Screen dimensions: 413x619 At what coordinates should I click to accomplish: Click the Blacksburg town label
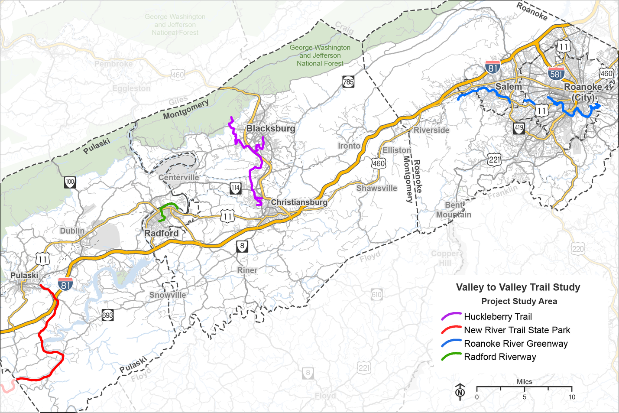click(x=271, y=128)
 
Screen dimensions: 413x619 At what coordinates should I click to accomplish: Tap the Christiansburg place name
click(x=299, y=202)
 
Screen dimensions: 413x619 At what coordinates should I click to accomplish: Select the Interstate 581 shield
click(x=556, y=73)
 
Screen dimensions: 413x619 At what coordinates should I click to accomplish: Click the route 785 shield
click(x=348, y=81)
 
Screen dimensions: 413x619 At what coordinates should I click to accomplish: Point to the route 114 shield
click(x=235, y=188)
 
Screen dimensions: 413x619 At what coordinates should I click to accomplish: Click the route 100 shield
click(x=70, y=182)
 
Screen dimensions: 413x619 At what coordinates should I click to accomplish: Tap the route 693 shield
click(x=108, y=315)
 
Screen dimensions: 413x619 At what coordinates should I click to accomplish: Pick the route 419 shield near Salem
click(x=519, y=128)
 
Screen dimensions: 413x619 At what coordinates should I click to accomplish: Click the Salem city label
click(x=509, y=86)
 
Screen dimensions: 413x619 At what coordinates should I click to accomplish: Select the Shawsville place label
click(x=376, y=188)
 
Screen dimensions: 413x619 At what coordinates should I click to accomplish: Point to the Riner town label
click(x=247, y=270)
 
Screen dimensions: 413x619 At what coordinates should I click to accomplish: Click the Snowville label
click(x=168, y=295)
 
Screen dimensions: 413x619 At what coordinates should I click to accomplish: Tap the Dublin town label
click(x=72, y=231)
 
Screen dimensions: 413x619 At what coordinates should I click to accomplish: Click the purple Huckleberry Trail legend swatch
click(x=451, y=317)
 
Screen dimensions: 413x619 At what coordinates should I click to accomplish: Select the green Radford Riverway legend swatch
click(x=451, y=357)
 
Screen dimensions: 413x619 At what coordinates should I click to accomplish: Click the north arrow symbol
click(x=460, y=391)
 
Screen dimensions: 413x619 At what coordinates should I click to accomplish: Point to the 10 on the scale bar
click(x=572, y=397)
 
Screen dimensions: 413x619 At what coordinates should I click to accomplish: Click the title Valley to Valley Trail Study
click(x=518, y=287)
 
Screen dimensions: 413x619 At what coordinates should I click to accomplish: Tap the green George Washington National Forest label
click(x=320, y=55)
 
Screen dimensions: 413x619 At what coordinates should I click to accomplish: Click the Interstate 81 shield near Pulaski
click(x=65, y=284)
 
